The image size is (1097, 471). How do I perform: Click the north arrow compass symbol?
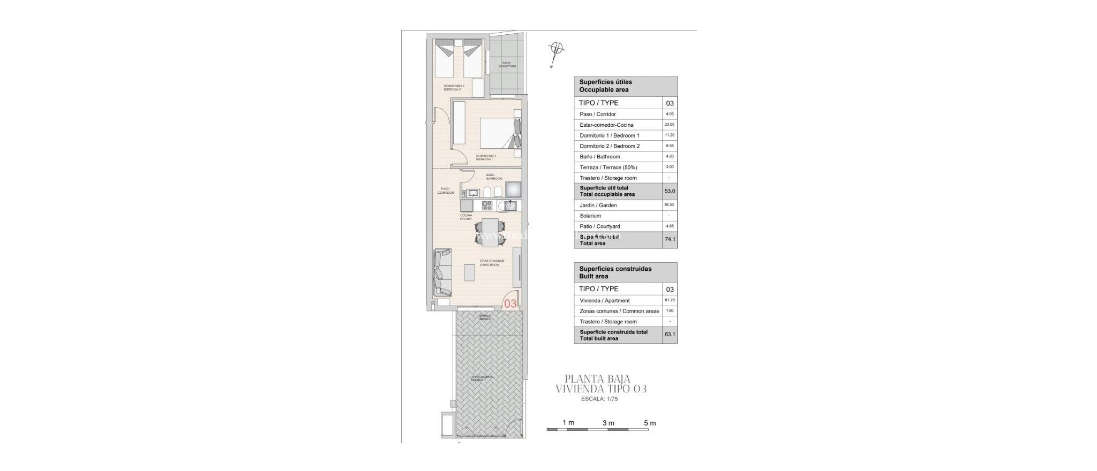[x=557, y=50]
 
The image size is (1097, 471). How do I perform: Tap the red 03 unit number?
[x=510, y=303]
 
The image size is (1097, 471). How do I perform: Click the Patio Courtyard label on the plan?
[x=508, y=65]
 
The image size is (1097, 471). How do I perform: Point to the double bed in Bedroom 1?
[x=123, y=134]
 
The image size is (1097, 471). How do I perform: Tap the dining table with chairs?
[x=114, y=232]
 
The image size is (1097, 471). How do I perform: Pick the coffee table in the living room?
[x=94, y=274]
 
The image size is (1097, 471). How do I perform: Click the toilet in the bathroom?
[x=112, y=192]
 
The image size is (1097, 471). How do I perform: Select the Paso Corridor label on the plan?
[x=445, y=191]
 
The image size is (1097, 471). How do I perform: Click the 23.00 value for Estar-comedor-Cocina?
[x=670, y=125]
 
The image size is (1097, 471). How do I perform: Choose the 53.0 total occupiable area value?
[x=670, y=191]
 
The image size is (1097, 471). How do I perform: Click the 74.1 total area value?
[x=670, y=240]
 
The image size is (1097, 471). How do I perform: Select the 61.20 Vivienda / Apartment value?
[x=670, y=300]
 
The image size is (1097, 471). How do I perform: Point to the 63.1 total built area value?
[x=670, y=335]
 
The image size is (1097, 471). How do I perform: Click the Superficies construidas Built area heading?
[x=615, y=272]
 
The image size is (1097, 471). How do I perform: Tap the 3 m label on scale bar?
[x=608, y=423]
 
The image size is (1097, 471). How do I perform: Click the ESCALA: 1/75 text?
[x=599, y=399]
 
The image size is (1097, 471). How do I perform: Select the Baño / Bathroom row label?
[x=599, y=157]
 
